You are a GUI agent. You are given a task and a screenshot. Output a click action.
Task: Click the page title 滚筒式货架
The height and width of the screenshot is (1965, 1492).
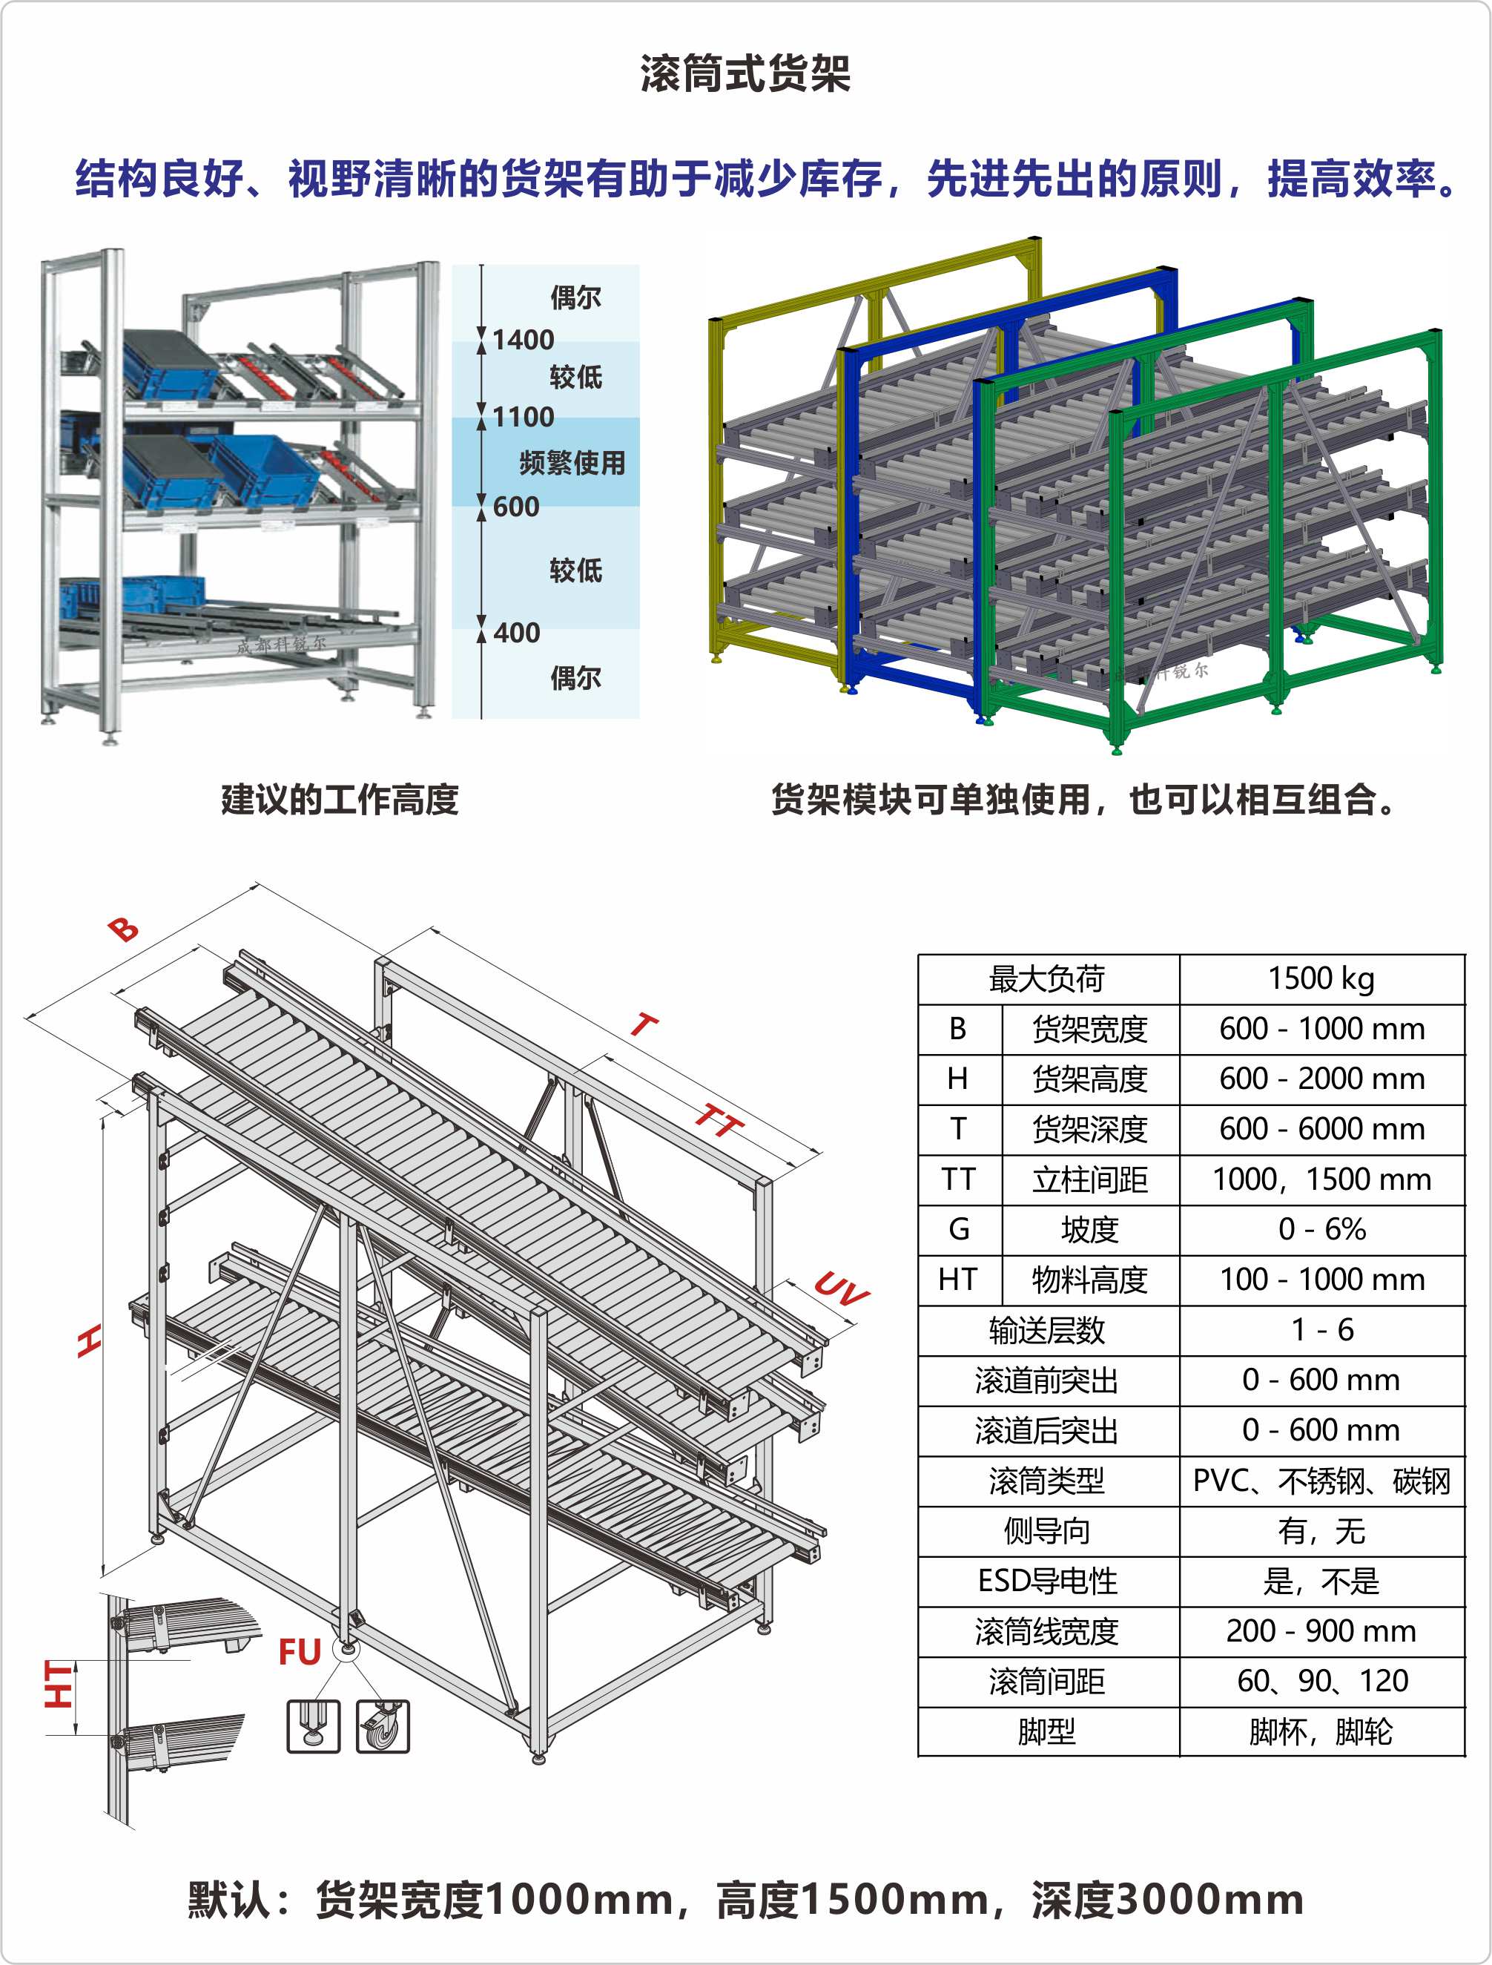tap(745, 73)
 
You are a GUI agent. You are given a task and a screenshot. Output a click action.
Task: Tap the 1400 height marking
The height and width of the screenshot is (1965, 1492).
tap(523, 339)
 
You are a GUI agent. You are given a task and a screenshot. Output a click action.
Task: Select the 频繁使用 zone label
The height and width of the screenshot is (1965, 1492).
tap(572, 463)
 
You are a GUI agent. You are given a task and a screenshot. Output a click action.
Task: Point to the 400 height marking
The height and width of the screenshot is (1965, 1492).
tap(516, 633)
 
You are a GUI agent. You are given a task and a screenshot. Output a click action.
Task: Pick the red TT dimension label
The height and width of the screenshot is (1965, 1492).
tap(718, 1121)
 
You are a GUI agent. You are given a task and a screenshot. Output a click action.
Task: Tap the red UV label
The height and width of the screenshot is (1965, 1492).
tap(840, 1288)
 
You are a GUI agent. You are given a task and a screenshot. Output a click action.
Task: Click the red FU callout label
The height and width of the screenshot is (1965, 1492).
tap(300, 1652)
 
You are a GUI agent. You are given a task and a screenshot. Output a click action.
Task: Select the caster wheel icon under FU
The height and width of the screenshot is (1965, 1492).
tap(383, 1726)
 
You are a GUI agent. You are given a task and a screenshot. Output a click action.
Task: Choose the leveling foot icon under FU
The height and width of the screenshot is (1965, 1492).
tap(313, 1726)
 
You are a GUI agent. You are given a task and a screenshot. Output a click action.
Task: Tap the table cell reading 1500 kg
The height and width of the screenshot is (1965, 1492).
tap(1321, 979)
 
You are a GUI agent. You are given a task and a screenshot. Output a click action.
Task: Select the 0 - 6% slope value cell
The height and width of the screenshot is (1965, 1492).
tap(1321, 1229)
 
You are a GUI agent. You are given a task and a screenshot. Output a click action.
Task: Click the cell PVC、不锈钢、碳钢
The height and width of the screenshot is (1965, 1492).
tap(1321, 1481)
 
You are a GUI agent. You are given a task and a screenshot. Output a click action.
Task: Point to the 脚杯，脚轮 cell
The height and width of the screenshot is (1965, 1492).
tap(1321, 1731)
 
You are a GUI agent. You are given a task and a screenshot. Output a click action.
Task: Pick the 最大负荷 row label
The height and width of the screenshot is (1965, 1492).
tap(1047, 979)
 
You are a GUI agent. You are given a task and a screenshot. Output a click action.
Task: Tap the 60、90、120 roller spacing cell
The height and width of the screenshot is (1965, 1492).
tap(1321, 1681)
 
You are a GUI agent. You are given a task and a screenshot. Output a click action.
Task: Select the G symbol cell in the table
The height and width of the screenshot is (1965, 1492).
tap(958, 1229)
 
